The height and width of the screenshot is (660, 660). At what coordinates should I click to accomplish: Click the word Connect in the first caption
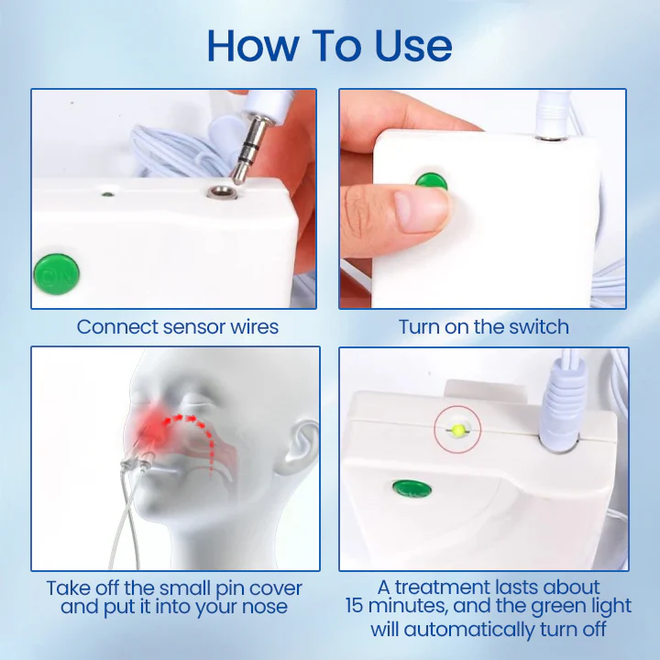115,327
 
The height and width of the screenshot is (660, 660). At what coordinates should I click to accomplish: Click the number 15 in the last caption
357,607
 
